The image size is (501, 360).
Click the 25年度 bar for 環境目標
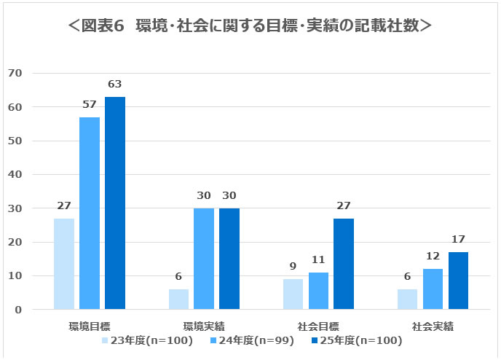point(115,203)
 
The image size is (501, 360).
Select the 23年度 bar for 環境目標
point(63,264)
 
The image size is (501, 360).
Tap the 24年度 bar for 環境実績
point(204,259)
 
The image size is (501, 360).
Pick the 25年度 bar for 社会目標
point(344,264)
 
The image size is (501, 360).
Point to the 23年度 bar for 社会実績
point(407,300)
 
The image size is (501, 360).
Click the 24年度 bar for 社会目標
point(318,291)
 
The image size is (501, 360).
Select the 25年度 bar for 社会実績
point(458,281)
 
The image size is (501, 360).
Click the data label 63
point(115,84)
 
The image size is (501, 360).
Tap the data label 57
point(89,104)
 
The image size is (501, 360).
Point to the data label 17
point(458,239)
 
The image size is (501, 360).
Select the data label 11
point(318,259)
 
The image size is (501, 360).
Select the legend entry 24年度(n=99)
point(250,340)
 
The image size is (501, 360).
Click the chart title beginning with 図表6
point(250,26)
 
